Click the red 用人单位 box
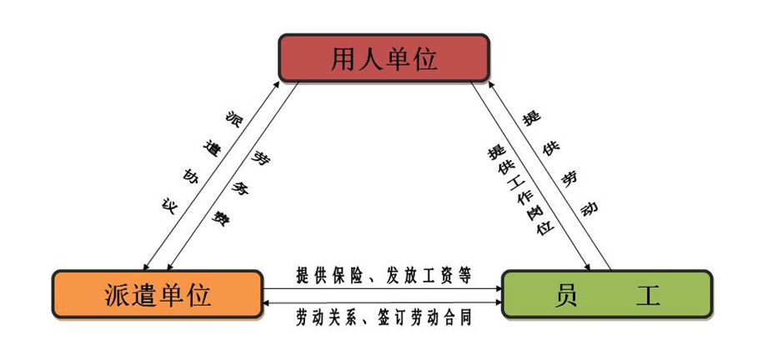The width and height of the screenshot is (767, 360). [x=383, y=58]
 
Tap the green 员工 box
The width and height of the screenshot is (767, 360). [x=606, y=294]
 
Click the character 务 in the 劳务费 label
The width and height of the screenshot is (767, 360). [x=238, y=188]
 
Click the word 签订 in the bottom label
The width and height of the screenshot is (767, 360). [x=390, y=317]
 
